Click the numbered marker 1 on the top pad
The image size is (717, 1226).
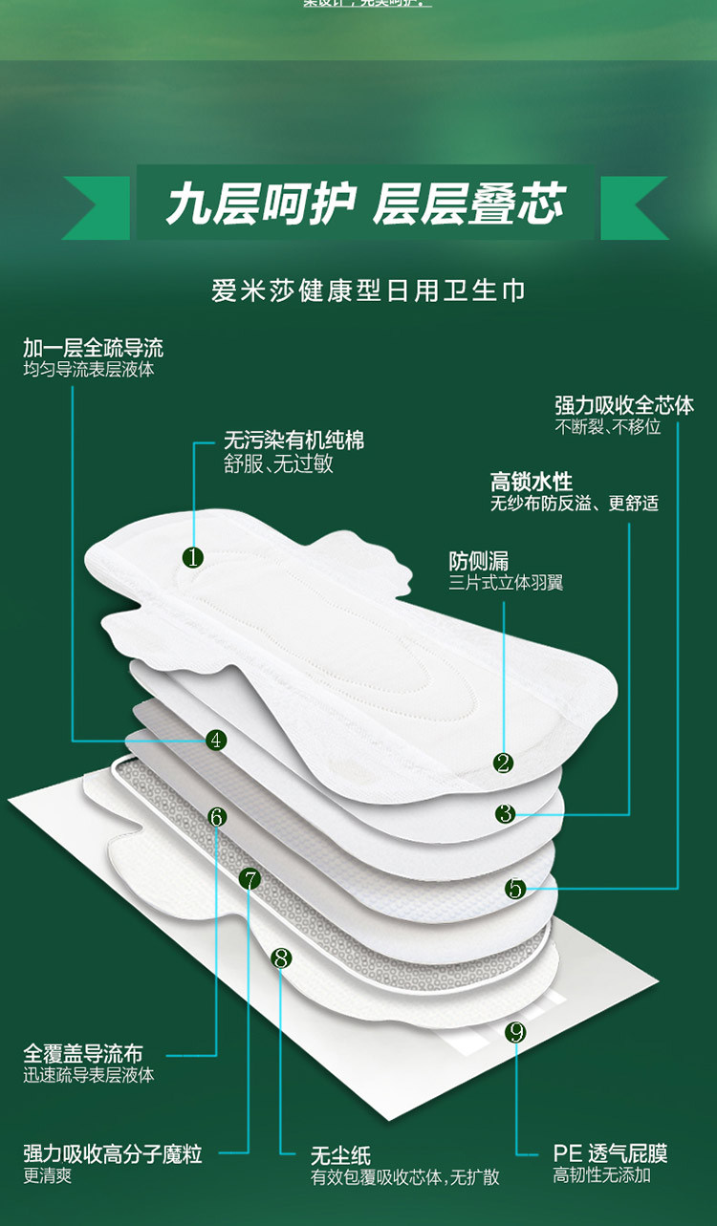click(x=193, y=557)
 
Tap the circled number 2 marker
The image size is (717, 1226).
click(x=504, y=763)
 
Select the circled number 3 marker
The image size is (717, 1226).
click(x=506, y=814)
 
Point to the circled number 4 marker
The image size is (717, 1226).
click(x=216, y=740)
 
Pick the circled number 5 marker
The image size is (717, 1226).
click(x=515, y=890)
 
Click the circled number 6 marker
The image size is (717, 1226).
click(x=217, y=817)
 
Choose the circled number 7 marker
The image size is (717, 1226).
click(x=250, y=879)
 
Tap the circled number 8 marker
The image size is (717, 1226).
click(x=281, y=957)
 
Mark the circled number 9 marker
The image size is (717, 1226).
click(x=516, y=1032)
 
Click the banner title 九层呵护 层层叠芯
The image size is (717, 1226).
click(x=365, y=204)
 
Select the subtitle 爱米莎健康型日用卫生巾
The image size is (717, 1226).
click(x=368, y=290)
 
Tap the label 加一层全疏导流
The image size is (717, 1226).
click(x=93, y=348)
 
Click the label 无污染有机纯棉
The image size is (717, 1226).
click(x=293, y=441)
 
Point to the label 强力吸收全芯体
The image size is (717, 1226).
click(x=623, y=405)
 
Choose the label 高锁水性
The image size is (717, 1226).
click(x=532, y=482)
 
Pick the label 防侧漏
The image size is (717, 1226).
click(x=478, y=562)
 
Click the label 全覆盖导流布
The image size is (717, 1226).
click(x=83, y=1053)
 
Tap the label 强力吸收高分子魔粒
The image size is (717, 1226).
click(x=113, y=1154)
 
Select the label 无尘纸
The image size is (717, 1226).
click(x=340, y=1156)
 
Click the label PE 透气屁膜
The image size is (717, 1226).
click(x=610, y=1153)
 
